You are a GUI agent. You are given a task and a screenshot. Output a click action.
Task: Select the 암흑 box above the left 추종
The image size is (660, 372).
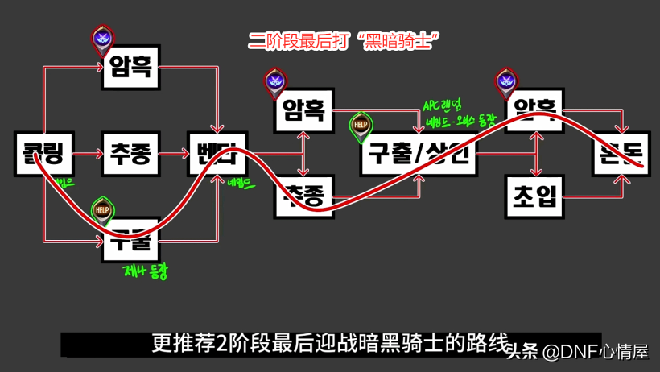pyautogui.click(x=131, y=65)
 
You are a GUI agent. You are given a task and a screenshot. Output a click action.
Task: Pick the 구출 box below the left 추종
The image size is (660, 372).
pyautogui.click(x=131, y=239)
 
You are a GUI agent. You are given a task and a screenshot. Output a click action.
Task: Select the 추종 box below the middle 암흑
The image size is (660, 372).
pyautogui.click(x=304, y=196)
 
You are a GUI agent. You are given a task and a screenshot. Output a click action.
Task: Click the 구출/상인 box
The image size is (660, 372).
pyautogui.click(x=419, y=153)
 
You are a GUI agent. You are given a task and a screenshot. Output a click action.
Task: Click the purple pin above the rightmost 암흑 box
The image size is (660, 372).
pyautogui.click(x=506, y=81)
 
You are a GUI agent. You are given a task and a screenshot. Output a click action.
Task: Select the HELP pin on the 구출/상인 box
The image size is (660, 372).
pyautogui.click(x=361, y=125)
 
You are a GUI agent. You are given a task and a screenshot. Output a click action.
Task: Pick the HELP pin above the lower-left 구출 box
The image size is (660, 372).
pyautogui.click(x=102, y=210)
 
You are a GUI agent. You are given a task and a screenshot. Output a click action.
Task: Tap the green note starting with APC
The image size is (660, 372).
pyautogui.click(x=441, y=105)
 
